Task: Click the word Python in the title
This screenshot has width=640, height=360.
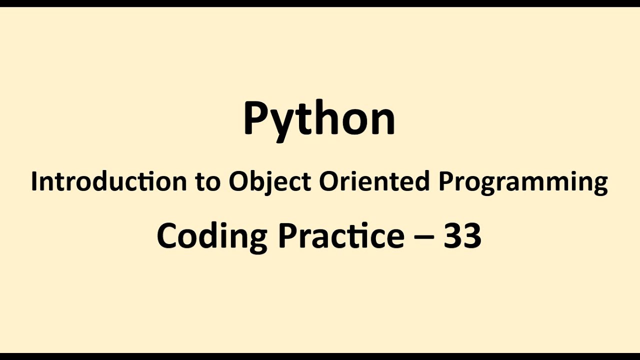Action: coord(319,119)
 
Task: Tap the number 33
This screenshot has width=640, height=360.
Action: coord(462,236)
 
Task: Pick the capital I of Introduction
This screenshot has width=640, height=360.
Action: coord(33,181)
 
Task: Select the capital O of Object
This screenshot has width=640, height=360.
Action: coord(238,181)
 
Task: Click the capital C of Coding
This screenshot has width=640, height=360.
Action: coord(167,236)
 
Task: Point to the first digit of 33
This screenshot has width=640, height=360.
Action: coord(452,236)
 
